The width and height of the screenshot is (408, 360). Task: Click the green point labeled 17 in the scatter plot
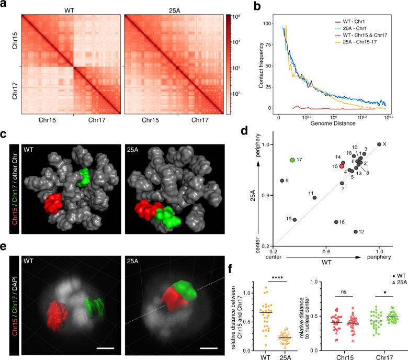[292, 160]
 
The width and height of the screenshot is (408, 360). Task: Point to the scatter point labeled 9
[282, 181]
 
